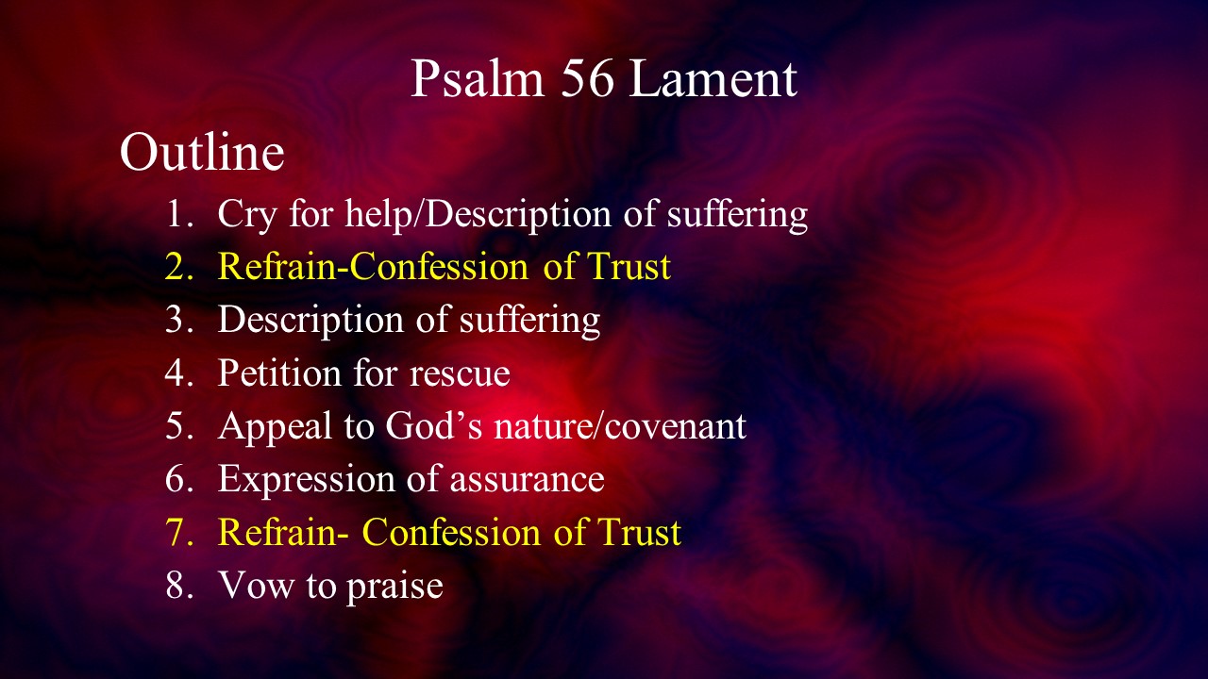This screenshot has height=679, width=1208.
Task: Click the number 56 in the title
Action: [x=588, y=78]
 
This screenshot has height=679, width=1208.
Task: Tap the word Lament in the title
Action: [x=713, y=78]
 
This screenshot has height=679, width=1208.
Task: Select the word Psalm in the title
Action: [x=478, y=78]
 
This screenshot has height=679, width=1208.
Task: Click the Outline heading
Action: [x=202, y=152]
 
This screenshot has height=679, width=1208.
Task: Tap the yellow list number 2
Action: [x=179, y=267]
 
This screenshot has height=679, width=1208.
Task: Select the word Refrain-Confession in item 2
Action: [x=373, y=266]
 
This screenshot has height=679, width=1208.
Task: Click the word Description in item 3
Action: [x=310, y=321]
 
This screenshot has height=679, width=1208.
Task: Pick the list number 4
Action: [x=179, y=373]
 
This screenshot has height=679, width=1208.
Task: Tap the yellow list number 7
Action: [x=179, y=533]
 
